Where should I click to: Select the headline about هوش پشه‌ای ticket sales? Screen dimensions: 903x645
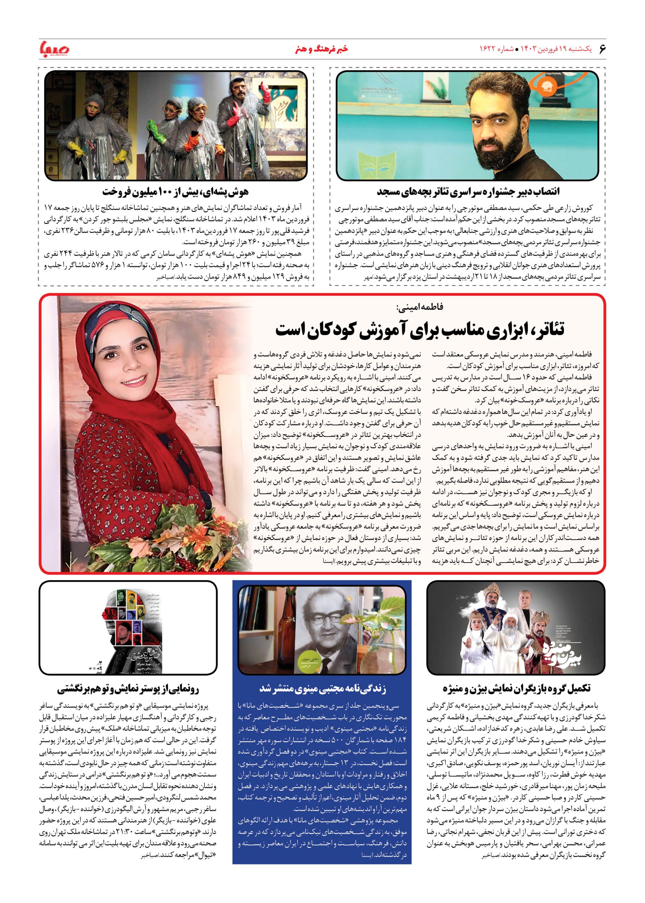(x=175, y=192)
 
